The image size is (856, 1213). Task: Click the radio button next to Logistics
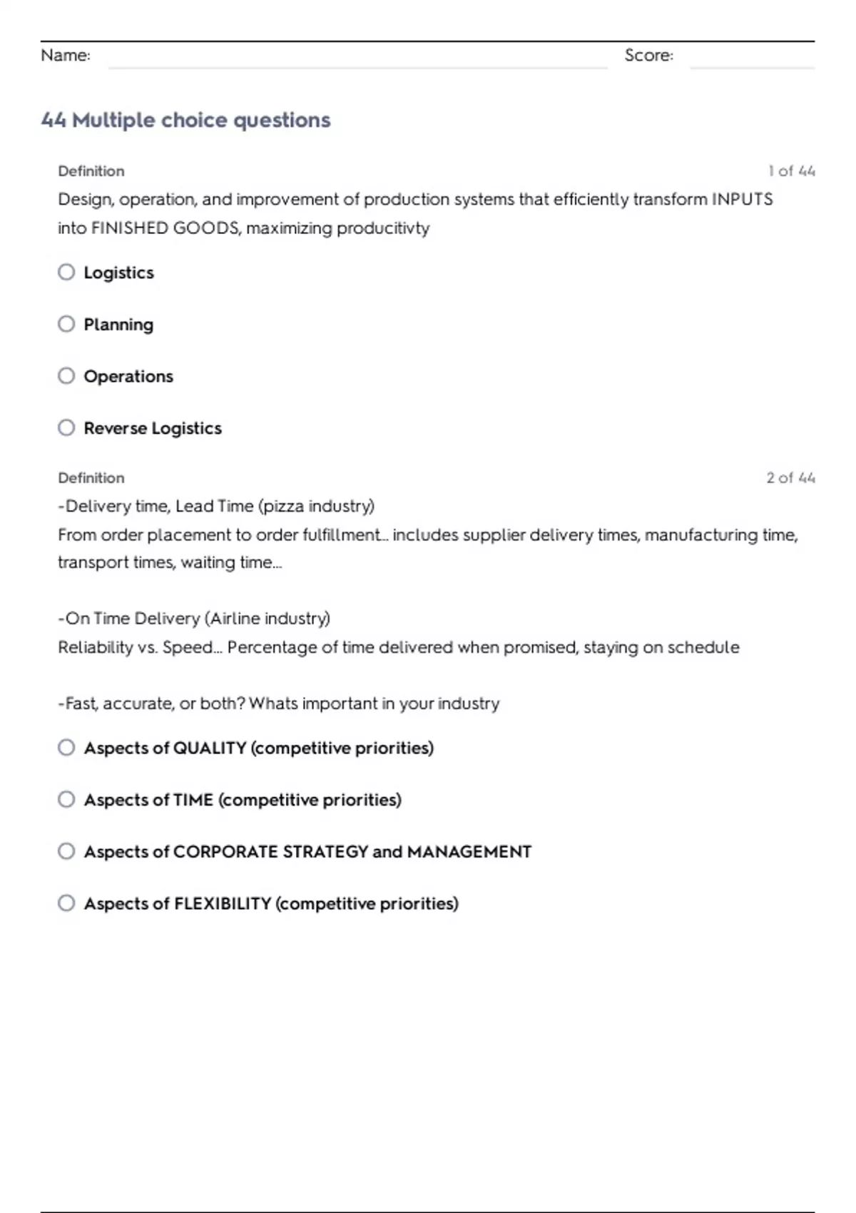(66, 272)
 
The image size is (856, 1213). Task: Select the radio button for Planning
(66, 324)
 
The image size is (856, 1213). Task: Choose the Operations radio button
(66, 376)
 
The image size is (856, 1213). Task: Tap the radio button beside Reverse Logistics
(66, 427)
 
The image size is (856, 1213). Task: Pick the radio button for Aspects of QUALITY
(66, 747)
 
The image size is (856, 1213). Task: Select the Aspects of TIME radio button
(66, 799)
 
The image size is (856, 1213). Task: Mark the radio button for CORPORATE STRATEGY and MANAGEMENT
(66, 851)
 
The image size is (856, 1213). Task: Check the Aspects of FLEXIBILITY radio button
(66, 903)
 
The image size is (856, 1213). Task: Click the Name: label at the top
(66, 55)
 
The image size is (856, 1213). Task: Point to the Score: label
(648, 55)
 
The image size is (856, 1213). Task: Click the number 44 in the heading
(53, 120)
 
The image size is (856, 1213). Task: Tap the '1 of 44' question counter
(791, 171)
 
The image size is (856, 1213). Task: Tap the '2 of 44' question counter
(790, 478)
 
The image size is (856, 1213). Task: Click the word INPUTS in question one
(742, 199)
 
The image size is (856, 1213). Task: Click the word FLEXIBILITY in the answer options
(223, 903)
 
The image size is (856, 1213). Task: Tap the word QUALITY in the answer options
(210, 748)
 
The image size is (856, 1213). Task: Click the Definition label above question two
(91, 478)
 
